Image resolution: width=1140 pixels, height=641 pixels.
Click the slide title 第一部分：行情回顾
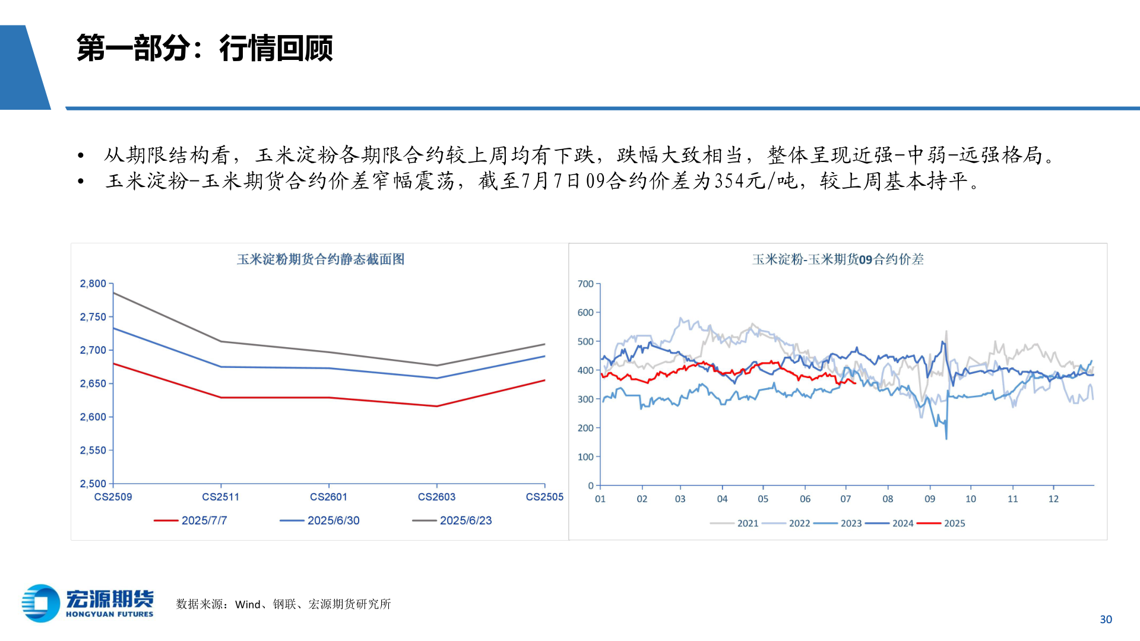(x=204, y=49)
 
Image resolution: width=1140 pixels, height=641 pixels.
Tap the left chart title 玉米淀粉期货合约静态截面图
(x=321, y=259)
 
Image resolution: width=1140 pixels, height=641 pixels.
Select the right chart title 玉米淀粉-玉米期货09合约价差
(x=838, y=259)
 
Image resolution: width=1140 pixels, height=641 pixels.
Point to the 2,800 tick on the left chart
(x=93, y=284)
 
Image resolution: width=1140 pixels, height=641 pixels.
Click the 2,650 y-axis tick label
(x=93, y=383)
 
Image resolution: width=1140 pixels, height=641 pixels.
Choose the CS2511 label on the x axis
(x=220, y=497)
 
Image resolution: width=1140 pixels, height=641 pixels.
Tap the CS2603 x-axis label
(x=436, y=497)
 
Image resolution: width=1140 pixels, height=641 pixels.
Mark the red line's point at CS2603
(x=437, y=406)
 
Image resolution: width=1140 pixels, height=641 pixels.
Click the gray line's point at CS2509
(x=113, y=293)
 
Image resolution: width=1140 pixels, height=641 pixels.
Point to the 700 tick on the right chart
(x=585, y=284)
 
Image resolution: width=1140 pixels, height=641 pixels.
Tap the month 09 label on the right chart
(x=930, y=499)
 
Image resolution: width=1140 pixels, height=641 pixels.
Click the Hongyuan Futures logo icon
(x=41, y=603)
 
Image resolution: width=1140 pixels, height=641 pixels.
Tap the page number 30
(x=1106, y=620)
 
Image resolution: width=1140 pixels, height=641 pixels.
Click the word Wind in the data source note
(x=248, y=604)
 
